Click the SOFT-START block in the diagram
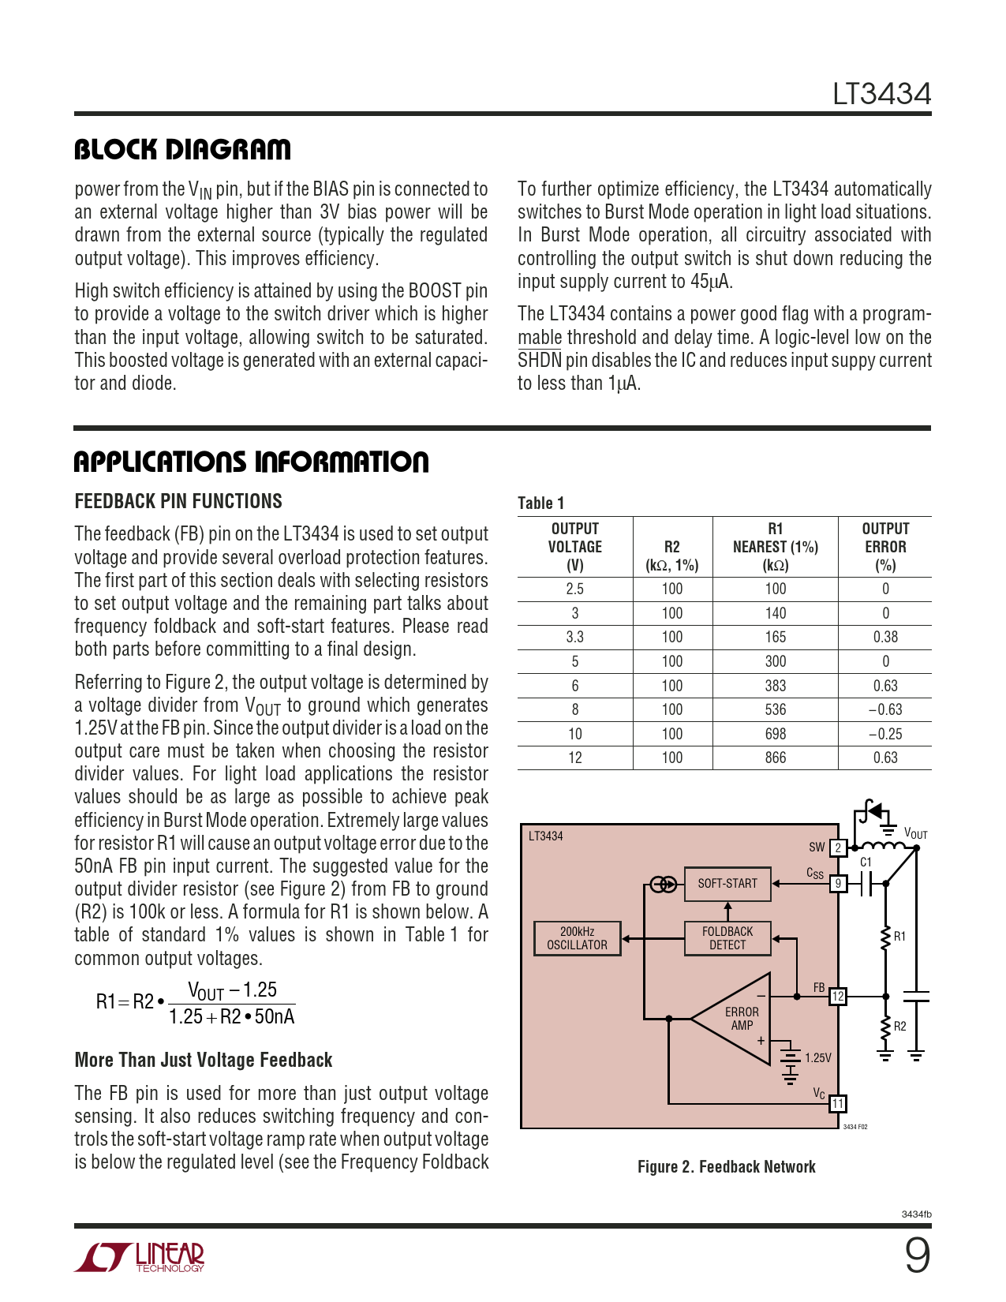(x=727, y=884)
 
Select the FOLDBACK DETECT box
(x=727, y=938)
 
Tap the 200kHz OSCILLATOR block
(x=577, y=938)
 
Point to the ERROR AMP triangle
(x=738, y=1019)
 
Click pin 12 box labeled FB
(x=838, y=997)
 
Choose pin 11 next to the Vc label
(x=838, y=1103)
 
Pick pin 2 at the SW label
(x=838, y=848)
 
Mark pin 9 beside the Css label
(x=838, y=884)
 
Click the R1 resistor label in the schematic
(x=899, y=937)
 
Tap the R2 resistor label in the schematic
(x=899, y=1027)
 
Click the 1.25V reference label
(x=817, y=1058)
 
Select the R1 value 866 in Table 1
(x=776, y=758)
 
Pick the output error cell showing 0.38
(x=885, y=637)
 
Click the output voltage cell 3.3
(x=574, y=637)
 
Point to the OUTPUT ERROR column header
(x=885, y=547)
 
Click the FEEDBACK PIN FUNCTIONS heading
(x=178, y=502)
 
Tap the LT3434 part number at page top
(x=881, y=95)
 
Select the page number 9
(x=917, y=1255)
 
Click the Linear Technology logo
(x=140, y=1258)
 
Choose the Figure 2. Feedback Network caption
(x=726, y=1167)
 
